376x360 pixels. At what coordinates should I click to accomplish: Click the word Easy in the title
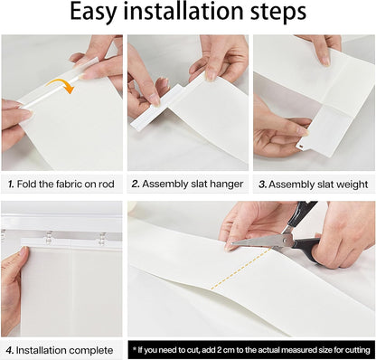tap(93, 13)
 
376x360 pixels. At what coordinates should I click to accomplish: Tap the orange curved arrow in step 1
tap(61, 85)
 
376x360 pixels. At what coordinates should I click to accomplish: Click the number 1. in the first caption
tap(11, 184)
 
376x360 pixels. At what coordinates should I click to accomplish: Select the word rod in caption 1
tap(106, 184)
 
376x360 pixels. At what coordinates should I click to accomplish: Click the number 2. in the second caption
tap(136, 184)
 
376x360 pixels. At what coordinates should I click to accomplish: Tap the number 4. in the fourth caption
tap(10, 350)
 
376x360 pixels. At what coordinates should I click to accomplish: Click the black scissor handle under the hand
tap(305, 249)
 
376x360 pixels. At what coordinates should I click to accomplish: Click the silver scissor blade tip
tap(232, 242)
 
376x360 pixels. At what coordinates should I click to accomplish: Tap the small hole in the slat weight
tap(301, 147)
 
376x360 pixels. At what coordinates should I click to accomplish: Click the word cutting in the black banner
tap(358, 350)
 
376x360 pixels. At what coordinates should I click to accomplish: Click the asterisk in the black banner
tap(135, 348)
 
